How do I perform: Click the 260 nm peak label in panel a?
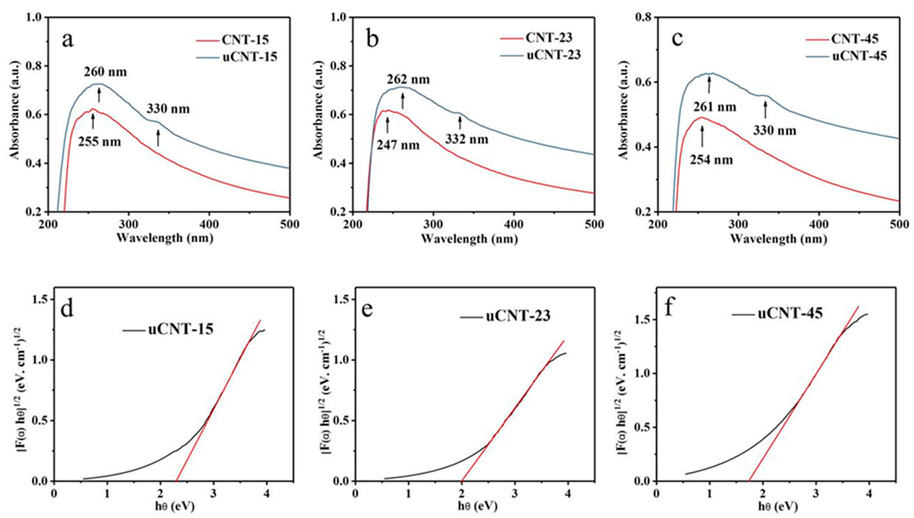click(105, 72)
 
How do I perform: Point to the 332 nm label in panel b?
click(467, 139)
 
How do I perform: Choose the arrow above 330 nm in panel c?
click(765, 110)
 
